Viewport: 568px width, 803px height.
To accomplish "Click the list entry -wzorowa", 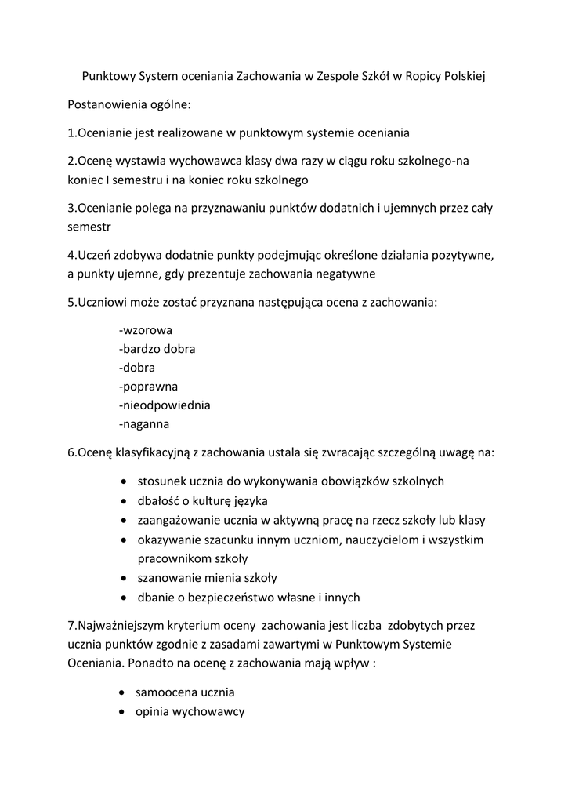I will point(146,330).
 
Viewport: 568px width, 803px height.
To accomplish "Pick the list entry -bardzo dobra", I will point(157,349).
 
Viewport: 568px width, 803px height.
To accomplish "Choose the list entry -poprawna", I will point(148,387).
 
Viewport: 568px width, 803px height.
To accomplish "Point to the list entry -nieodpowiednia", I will point(165,405).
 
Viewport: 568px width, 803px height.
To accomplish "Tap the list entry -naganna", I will point(144,424).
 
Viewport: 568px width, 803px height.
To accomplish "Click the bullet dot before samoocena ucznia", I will point(123,694).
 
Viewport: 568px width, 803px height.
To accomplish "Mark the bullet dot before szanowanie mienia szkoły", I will point(125,580).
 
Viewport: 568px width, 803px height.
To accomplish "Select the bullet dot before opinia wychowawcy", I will point(123,713).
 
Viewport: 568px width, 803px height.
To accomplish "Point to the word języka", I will point(256,501).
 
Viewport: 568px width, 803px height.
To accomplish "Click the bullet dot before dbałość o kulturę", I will point(125,502).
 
